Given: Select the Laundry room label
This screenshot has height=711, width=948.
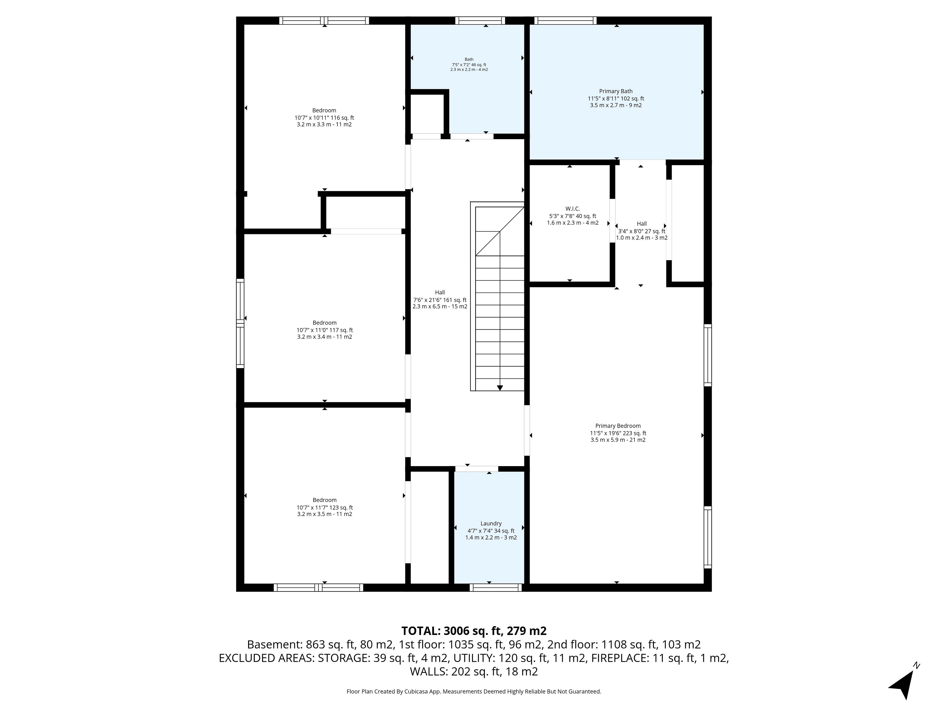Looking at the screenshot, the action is [491, 524].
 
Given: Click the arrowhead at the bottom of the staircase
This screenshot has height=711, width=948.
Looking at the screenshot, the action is [500, 388].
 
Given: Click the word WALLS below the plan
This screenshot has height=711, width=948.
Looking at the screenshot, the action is [429, 671].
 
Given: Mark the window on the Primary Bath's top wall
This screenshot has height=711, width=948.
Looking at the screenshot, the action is [565, 20].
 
